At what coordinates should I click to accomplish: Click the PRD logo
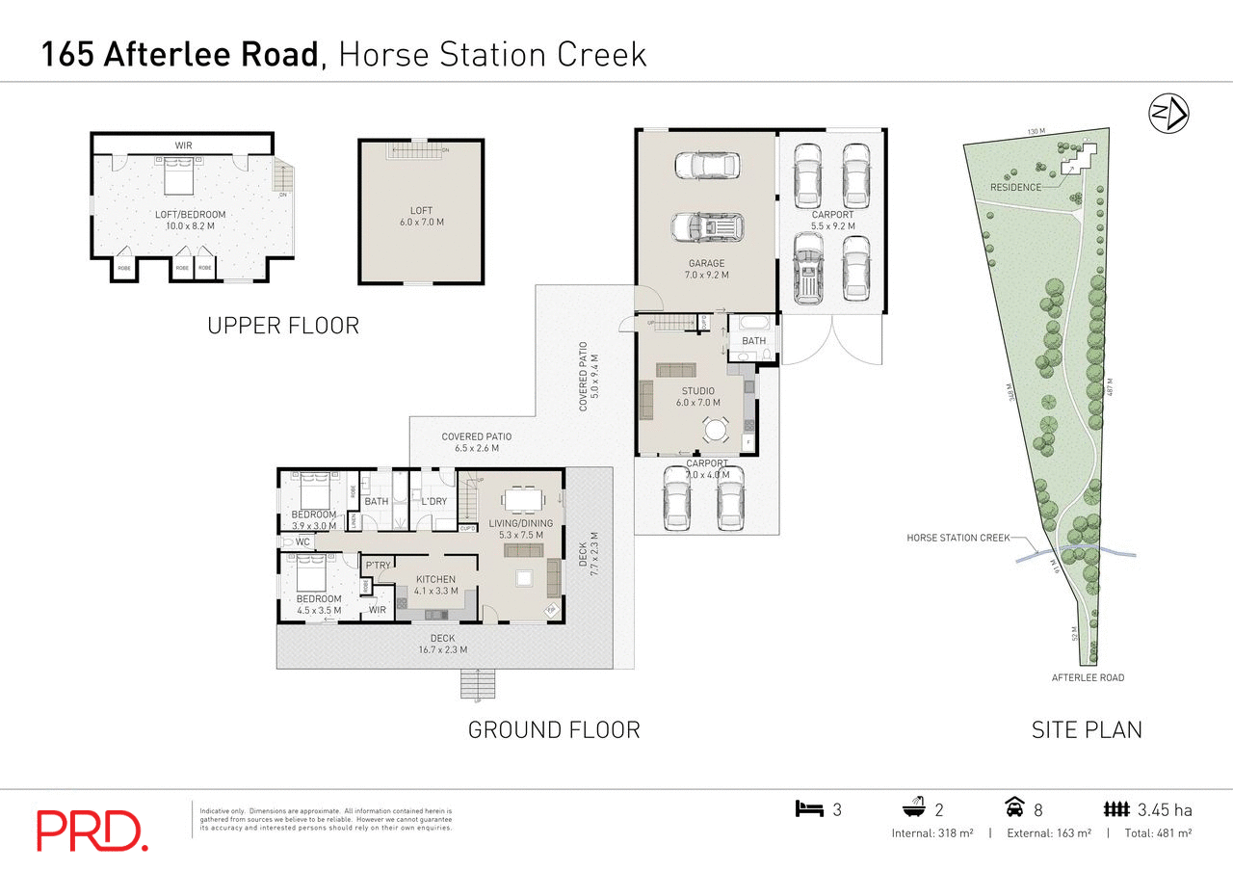pyautogui.click(x=92, y=831)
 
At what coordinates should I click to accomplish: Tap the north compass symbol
pyautogui.click(x=1168, y=114)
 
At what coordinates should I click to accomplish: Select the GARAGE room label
pyautogui.click(x=706, y=263)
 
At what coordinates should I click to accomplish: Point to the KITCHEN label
pyautogui.click(x=435, y=579)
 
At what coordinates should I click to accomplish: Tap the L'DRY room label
pyautogui.click(x=433, y=502)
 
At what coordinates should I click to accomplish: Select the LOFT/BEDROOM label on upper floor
pyautogui.click(x=191, y=214)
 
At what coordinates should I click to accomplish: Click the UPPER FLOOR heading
pyautogui.click(x=283, y=326)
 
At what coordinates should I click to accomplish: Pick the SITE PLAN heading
pyautogui.click(x=1087, y=729)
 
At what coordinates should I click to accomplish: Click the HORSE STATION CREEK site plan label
pyautogui.click(x=958, y=538)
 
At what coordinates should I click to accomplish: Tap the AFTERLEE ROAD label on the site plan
pyautogui.click(x=1088, y=677)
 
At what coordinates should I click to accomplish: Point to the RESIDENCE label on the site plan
pyautogui.click(x=1015, y=187)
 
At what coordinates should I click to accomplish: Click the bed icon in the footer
pyautogui.click(x=809, y=809)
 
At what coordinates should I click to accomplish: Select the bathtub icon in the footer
pyautogui.click(x=913, y=808)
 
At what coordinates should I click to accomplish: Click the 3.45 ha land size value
pyautogui.click(x=1164, y=809)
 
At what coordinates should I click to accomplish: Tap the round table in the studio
pyautogui.click(x=715, y=428)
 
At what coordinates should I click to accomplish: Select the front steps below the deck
pyautogui.click(x=477, y=684)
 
